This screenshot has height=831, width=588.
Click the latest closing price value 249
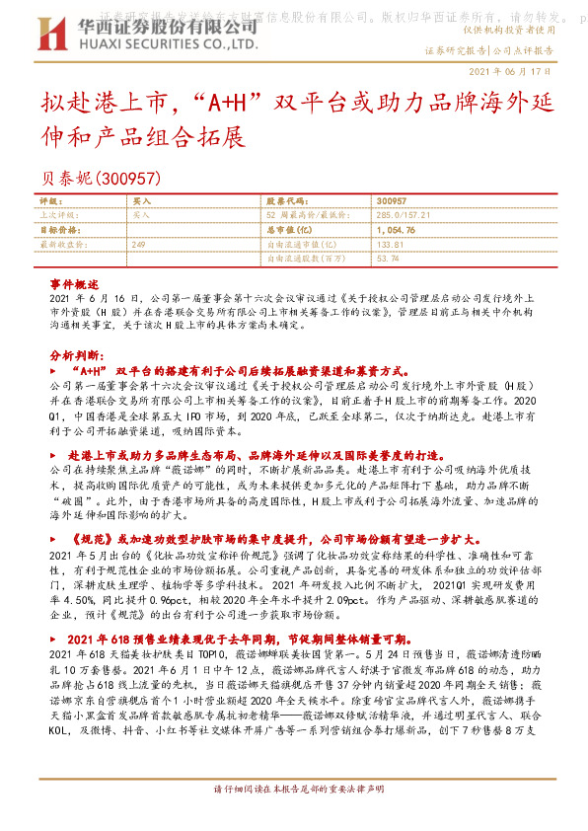pyautogui.click(x=139, y=244)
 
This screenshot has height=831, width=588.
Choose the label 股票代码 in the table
pyautogui.click(x=284, y=199)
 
